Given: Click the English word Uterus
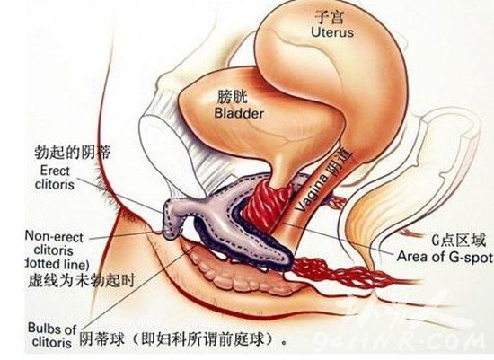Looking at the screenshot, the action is (x=332, y=32).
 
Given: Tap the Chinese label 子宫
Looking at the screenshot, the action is (x=330, y=16).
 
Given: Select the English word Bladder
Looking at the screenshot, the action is (x=239, y=113).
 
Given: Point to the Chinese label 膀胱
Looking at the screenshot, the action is (x=233, y=97).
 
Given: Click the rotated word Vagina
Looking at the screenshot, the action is (x=312, y=194).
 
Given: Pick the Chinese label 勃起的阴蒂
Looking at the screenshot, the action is (x=73, y=153).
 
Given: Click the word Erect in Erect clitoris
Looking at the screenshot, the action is (x=55, y=171).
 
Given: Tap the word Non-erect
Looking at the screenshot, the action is (x=54, y=236).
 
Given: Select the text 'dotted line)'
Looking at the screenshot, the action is (x=57, y=264).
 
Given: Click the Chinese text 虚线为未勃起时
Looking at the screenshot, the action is (x=81, y=280).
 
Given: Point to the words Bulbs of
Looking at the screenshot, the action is (x=52, y=329).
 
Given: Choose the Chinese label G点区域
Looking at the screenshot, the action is (x=458, y=241).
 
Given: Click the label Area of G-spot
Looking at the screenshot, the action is (x=445, y=257).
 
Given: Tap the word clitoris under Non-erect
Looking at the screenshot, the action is (x=53, y=250).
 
